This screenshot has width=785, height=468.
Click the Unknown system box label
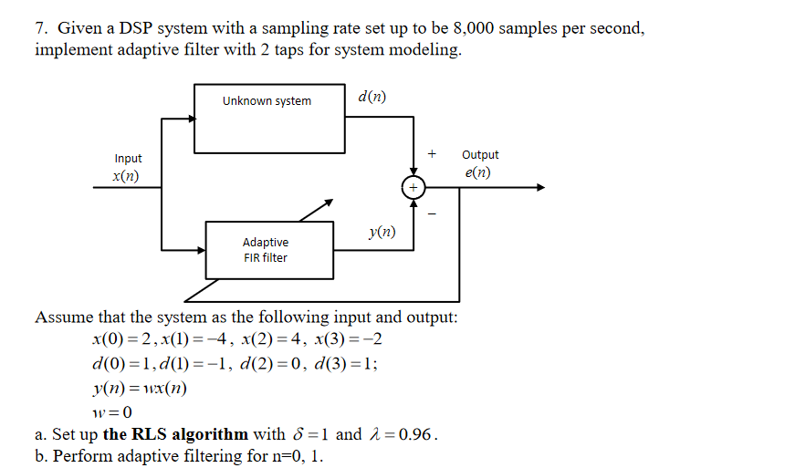(267, 101)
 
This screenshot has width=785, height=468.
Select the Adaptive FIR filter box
(265, 249)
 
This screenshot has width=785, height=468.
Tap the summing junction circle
(413, 187)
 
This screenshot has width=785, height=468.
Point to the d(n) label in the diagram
(372, 96)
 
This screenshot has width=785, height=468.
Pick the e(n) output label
(476, 172)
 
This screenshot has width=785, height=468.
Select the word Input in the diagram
(128, 159)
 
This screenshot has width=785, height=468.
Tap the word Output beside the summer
(480, 155)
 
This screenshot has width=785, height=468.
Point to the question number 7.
(41, 29)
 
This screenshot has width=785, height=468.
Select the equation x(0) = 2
(122, 339)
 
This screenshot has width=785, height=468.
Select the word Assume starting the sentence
(63, 317)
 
